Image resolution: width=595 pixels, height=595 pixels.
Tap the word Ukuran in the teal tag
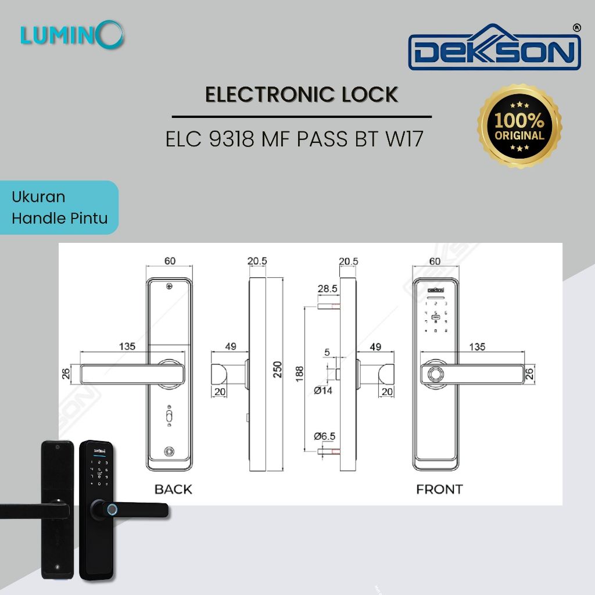point(38,197)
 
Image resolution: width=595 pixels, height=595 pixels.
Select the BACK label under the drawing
point(173,489)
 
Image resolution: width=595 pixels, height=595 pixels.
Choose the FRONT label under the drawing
point(439,489)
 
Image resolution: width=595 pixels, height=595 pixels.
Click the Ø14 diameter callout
point(323,391)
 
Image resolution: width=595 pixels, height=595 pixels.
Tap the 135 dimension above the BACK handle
point(127,346)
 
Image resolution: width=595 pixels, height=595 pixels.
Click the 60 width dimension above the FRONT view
point(435,261)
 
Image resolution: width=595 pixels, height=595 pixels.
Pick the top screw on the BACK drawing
point(169,286)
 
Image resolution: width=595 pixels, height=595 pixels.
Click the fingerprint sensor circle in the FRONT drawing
point(434,375)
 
